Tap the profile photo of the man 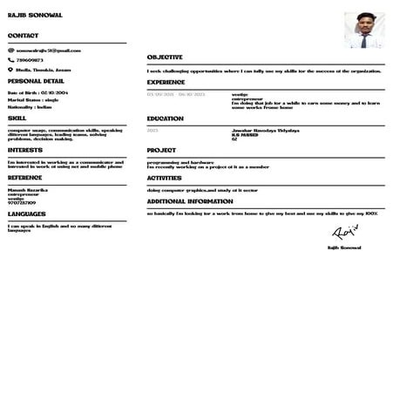point(363,30)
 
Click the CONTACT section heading point(23,36)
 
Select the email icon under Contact point(10,51)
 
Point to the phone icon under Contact point(10,60)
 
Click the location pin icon point(10,69)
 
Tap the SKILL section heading point(17,117)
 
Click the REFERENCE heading point(24,177)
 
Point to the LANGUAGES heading point(26,213)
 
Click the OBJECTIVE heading point(165,57)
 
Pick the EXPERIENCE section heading point(166,82)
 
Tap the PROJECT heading point(161,150)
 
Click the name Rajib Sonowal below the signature point(345,247)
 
